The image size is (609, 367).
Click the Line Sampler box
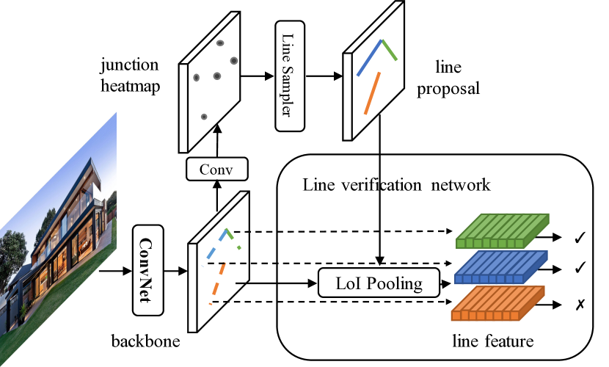pyautogui.click(x=290, y=76)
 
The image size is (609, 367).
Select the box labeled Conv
pyautogui.click(x=217, y=169)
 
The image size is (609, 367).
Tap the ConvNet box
pyautogui.click(x=147, y=269)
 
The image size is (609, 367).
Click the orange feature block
pyautogui.click(x=497, y=303)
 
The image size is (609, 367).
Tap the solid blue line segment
pyautogui.click(x=369, y=58)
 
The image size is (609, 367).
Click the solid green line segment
pyautogui.click(x=389, y=50)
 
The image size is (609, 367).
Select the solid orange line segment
pyautogui.click(x=372, y=93)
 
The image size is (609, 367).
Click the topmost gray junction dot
pyautogui.click(x=220, y=43)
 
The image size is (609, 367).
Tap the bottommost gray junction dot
pyautogui.click(x=204, y=117)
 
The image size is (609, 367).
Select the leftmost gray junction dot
pyautogui.click(x=196, y=77)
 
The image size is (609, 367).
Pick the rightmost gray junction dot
pyautogui.click(x=234, y=61)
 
